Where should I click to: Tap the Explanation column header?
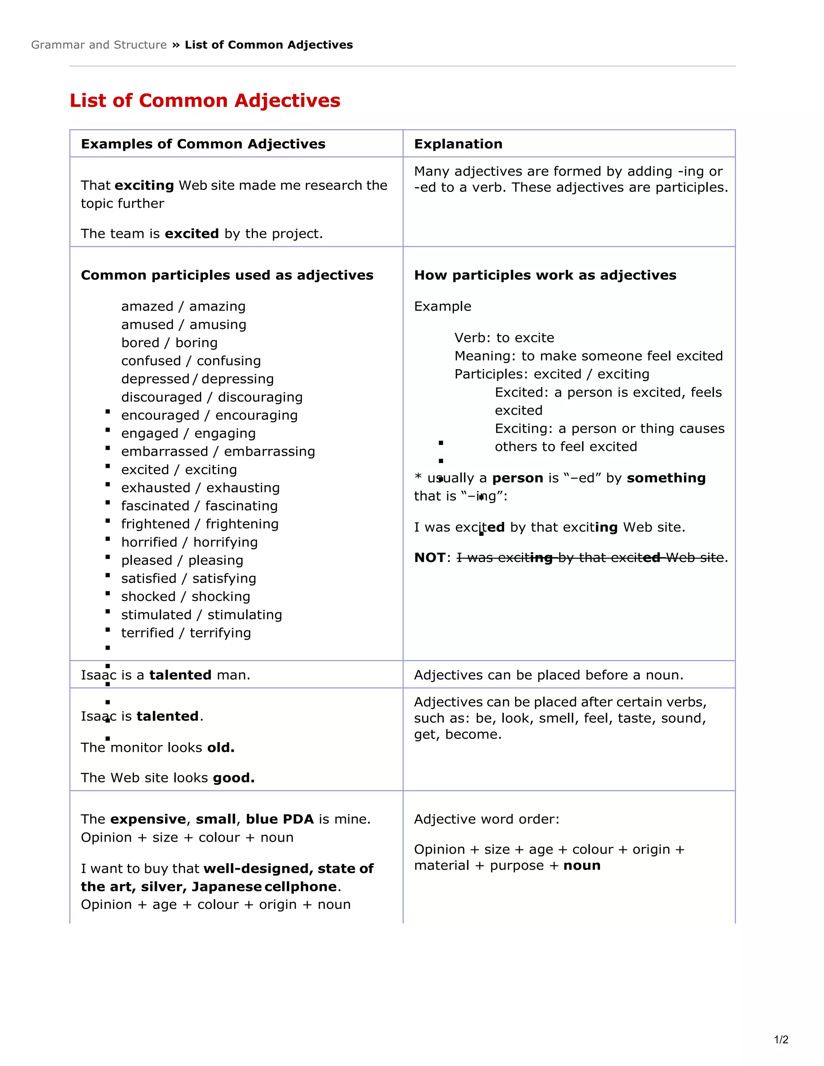[458, 144]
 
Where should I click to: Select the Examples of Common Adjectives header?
[203, 144]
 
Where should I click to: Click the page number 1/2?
[781, 1039]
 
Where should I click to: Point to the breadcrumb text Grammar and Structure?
[99, 45]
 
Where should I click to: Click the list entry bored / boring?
[169, 343]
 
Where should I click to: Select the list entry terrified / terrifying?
[185, 633]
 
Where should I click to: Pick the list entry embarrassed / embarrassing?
[218, 451]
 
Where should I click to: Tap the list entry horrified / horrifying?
[189, 542]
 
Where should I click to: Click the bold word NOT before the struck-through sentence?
[430, 558]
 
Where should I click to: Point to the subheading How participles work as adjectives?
[545, 275]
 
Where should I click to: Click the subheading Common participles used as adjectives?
[227, 275]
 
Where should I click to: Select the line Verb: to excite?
[504, 338]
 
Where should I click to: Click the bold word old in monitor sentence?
[220, 747]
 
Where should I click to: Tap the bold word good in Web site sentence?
[234, 778]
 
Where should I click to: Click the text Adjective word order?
[486, 819]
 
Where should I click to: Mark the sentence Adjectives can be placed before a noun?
[548, 675]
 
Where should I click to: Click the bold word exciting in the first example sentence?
[144, 185]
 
